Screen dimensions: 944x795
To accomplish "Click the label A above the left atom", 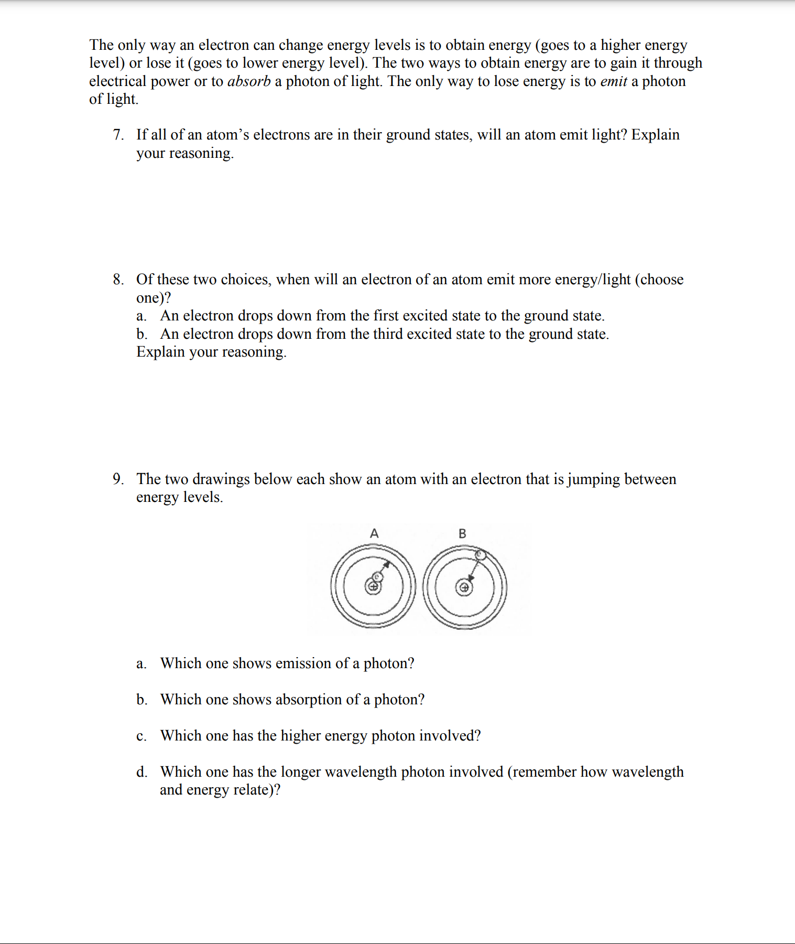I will pyautogui.click(x=374, y=533).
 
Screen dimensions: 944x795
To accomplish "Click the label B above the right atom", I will pyautogui.click(x=462, y=533).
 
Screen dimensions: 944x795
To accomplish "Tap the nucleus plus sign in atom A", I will pyautogui.click(x=373, y=587).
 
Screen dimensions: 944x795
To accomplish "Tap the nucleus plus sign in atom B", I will pyautogui.click(x=464, y=587).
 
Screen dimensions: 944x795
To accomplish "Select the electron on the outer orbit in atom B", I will pyautogui.click(x=480, y=554).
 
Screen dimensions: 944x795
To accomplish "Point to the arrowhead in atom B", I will pyautogui.click(x=471, y=577).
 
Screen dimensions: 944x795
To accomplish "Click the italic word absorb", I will pyautogui.click(x=249, y=81).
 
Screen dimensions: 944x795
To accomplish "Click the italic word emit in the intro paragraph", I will pyautogui.click(x=613, y=81).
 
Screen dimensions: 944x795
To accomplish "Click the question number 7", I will pyautogui.click(x=118, y=135).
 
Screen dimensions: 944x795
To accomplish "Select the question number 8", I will pyautogui.click(x=118, y=280).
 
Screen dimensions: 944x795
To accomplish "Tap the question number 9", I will pyautogui.click(x=118, y=479).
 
